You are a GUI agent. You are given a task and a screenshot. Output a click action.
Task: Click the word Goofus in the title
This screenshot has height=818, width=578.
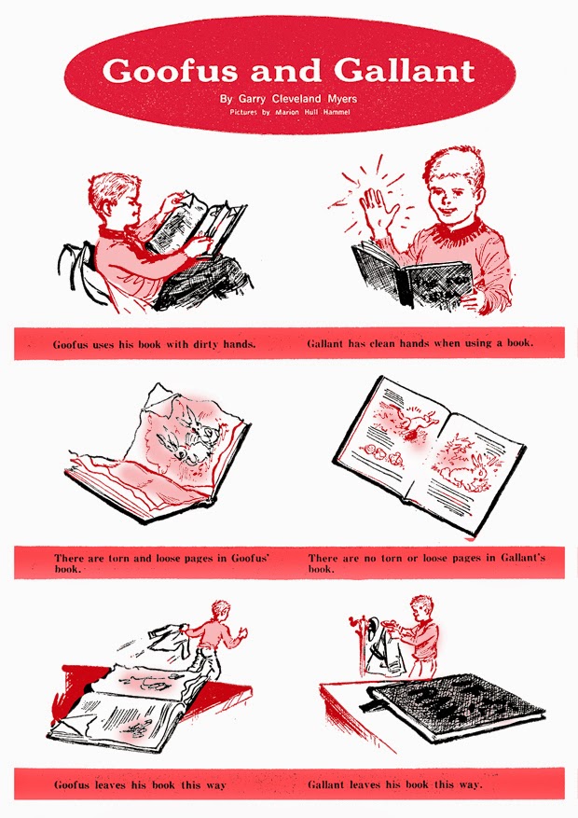tap(170, 71)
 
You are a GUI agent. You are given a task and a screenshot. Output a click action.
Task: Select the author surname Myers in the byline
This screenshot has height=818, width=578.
tap(342, 99)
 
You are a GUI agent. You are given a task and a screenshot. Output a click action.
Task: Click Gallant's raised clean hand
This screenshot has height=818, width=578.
tap(377, 210)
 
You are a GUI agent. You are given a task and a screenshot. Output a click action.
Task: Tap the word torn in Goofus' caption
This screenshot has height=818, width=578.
tap(118, 558)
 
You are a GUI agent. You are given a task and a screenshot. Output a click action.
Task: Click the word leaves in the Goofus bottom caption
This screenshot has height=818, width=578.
tap(109, 784)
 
